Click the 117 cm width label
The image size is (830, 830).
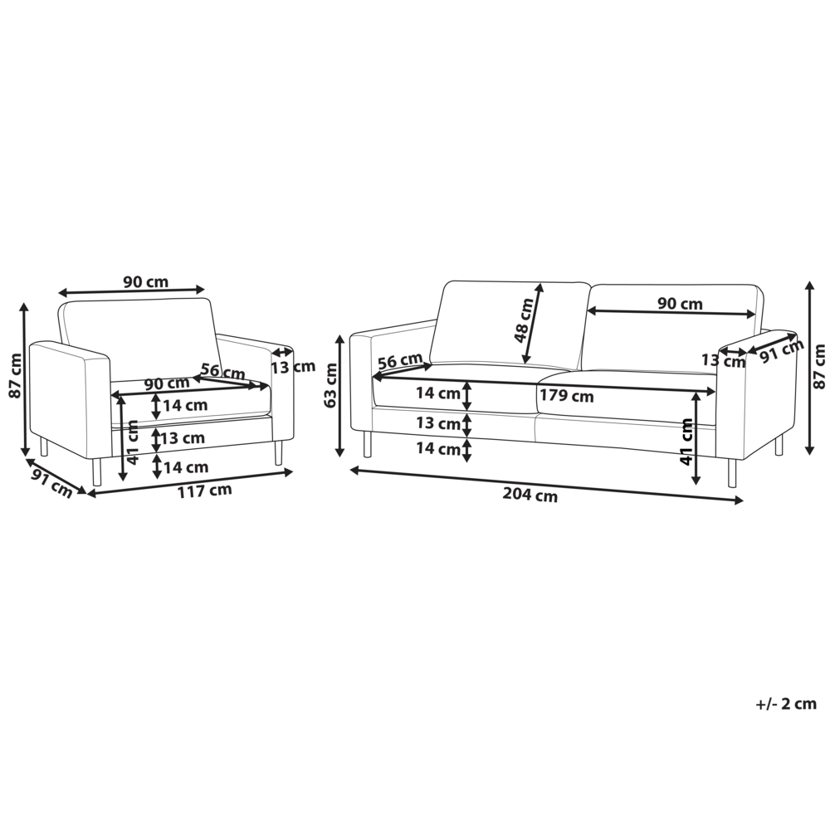tap(204, 491)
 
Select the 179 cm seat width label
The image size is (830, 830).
tap(567, 396)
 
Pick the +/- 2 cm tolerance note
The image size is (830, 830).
tap(786, 704)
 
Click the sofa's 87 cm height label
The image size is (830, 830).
tap(819, 366)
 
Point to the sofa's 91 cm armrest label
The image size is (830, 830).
tap(782, 350)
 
